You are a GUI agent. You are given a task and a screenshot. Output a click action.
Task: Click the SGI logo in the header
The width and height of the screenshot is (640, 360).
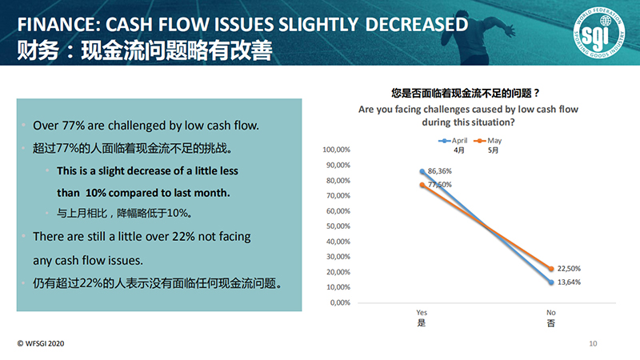[598, 32]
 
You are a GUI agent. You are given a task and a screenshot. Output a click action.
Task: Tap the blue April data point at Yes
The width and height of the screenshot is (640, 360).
[422, 171]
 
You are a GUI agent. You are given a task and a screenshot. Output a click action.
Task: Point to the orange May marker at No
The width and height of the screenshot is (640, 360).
[551, 269]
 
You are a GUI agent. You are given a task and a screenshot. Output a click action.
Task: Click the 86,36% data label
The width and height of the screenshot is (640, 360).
[439, 171]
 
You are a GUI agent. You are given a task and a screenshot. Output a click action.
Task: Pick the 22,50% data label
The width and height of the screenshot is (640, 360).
[569, 269]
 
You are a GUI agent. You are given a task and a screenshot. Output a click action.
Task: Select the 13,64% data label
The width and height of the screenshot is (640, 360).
[569, 282]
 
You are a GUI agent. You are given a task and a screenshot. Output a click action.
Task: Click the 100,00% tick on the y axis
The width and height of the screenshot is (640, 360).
[336, 150]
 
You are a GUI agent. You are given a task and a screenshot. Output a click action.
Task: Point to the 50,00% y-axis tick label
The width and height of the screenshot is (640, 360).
[338, 226]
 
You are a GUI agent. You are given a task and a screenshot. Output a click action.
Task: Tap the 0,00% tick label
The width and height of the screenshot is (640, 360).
[340, 302]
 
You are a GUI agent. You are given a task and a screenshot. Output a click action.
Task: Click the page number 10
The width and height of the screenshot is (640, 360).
[593, 344]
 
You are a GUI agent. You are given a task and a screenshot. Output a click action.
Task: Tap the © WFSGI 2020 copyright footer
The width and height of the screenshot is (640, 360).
[41, 344]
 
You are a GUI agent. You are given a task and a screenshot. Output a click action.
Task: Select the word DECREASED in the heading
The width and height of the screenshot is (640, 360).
[416, 25]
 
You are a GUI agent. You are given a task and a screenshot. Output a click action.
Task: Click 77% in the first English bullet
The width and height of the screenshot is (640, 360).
[73, 126]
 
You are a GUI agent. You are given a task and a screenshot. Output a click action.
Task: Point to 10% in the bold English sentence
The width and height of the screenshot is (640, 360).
[96, 193]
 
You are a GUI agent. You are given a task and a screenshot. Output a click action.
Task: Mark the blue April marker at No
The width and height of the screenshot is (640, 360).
[551, 282]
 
